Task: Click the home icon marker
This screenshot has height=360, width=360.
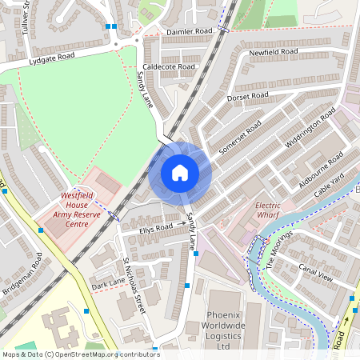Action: click(x=180, y=172)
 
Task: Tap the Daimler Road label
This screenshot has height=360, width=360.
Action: click(x=190, y=31)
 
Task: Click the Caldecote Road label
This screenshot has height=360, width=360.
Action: click(x=168, y=66)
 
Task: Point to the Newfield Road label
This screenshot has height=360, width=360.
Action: click(x=273, y=52)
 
